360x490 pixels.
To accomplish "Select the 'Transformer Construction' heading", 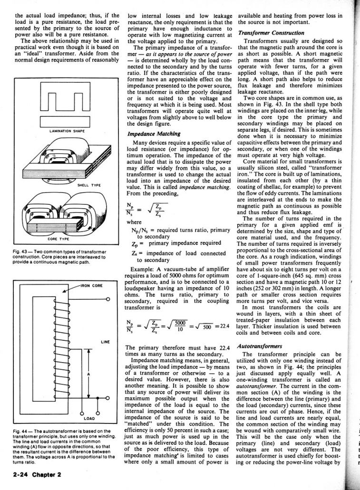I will click(x=271, y=33).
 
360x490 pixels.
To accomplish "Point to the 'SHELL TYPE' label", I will click(x=87, y=185).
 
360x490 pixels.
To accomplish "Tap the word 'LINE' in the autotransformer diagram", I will click(x=106, y=341).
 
